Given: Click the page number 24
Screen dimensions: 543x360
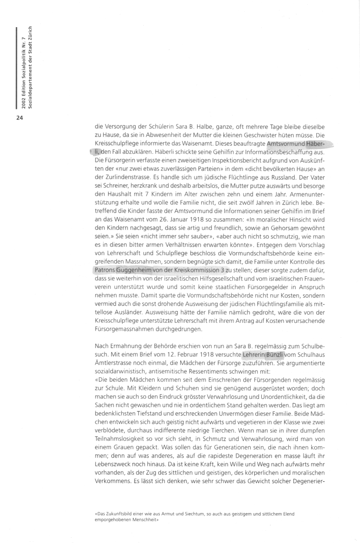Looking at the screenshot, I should coord(20,118).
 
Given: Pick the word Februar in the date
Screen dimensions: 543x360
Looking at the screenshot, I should coord(175,355).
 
